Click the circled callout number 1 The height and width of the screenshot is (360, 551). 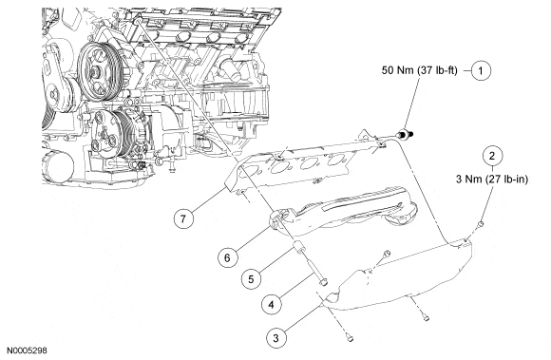tap(481, 70)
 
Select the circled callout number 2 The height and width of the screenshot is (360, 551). tap(492, 156)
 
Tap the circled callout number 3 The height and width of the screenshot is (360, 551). tap(275, 338)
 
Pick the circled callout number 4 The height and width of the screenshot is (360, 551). tap(272, 305)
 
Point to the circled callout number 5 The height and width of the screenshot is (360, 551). tap(251, 279)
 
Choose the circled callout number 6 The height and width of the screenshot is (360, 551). tap(227, 257)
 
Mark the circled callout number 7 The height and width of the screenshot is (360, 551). tap(183, 218)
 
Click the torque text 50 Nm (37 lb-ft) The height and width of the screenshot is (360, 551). tap(420, 70)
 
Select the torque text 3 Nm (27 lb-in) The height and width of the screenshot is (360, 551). tap(492, 180)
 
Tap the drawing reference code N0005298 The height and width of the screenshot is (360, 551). tap(27, 351)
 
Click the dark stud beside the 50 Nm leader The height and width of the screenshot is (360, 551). tap(405, 134)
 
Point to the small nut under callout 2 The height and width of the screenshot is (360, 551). tap(481, 224)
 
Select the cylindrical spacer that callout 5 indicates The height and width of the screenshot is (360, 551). tap(298, 247)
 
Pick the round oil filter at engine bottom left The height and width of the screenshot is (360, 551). tap(58, 166)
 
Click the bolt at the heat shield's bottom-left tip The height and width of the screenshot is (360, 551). tap(349, 337)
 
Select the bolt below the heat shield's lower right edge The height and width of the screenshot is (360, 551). tap(427, 318)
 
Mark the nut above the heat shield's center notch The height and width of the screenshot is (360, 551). tap(387, 254)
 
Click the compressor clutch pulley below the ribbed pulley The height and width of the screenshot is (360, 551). tap(119, 134)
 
